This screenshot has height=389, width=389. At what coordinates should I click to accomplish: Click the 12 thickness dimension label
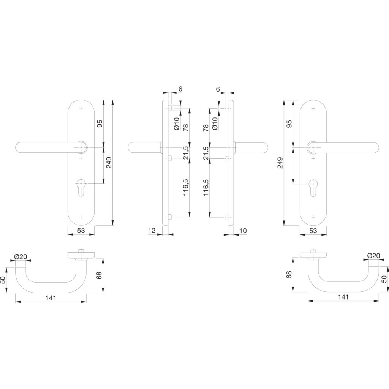(x=152, y=231)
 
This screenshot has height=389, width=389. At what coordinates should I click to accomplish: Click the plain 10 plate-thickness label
(x=243, y=231)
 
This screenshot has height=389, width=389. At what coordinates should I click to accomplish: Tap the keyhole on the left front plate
(x=81, y=187)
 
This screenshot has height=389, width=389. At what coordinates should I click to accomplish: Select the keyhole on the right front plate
(x=313, y=187)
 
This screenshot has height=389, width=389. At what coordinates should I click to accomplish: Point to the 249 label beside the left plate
(x=109, y=163)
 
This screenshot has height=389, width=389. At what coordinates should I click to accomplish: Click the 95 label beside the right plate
(x=289, y=123)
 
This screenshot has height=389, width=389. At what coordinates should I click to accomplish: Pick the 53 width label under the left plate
(x=81, y=231)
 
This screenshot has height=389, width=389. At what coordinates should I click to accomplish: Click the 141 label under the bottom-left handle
(x=51, y=298)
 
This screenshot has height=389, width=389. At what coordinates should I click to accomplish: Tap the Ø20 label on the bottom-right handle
(x=374, y=256)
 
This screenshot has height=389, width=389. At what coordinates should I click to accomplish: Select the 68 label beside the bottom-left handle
(x=99, y=275)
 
